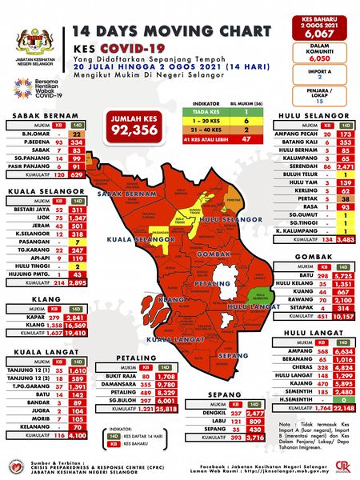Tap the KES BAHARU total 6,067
pyautogui.click(x=324, y=34)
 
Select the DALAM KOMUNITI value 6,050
pyautogui.click(x=324, y=58)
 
